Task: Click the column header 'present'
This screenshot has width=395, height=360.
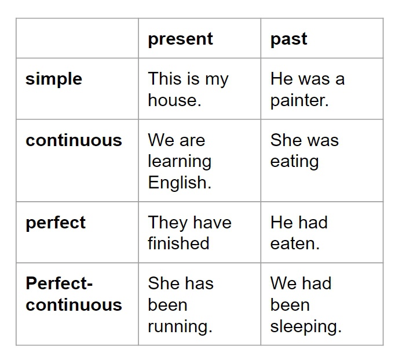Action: point(180,39)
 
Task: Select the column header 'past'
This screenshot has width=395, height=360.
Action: point(288,39)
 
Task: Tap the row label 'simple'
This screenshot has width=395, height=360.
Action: point(54,79)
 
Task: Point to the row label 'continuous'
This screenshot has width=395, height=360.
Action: point(74,140)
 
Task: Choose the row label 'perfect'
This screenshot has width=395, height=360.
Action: point(56,223)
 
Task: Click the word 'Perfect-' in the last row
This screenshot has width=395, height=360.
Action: point(59,283)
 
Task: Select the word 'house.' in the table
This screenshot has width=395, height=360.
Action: point(174,100)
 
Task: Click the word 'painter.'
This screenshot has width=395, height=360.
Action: point(299,100)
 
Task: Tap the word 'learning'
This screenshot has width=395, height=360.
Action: point(180,162)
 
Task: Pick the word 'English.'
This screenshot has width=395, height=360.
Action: point(180,183)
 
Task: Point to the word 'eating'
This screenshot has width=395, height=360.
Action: point(294,162)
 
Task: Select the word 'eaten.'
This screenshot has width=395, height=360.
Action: point(295,243)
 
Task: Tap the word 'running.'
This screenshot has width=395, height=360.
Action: point(180,326)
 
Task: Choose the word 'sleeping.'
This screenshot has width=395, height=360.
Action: point(306,326)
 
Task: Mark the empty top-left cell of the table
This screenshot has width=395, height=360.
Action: point(77,38)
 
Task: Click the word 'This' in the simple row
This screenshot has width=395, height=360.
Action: point(164,79)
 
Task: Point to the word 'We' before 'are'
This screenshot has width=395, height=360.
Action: point(160,140)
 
